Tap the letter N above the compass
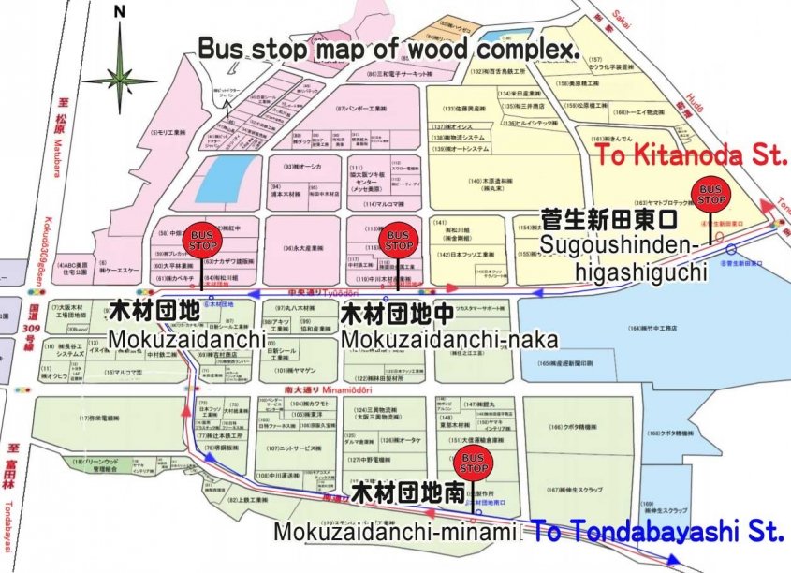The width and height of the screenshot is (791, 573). point(119,11)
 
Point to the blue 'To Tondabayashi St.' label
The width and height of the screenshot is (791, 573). point(659,533)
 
